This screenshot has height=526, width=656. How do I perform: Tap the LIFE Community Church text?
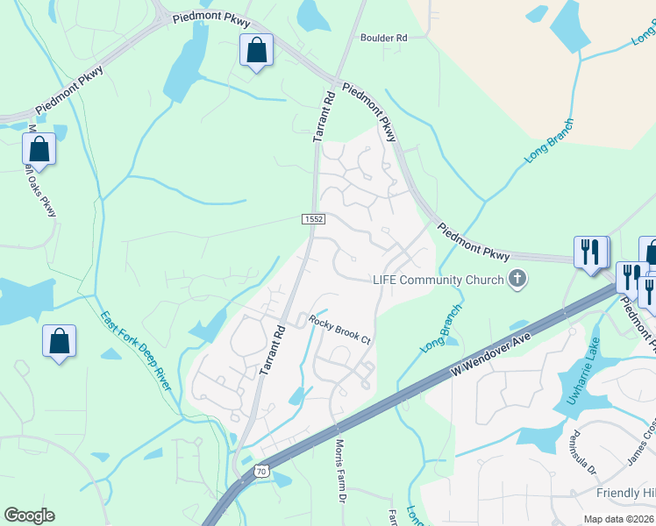(x=438, y=280)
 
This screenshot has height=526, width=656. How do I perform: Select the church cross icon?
(x=517, y=280)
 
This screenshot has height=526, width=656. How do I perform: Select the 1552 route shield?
(x=314, y=218)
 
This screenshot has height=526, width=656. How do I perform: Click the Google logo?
(x=29, y=515)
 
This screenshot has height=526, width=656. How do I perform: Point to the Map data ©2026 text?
(x=618, y=518)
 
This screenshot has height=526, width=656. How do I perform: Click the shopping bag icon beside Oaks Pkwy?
(x=39, y=149)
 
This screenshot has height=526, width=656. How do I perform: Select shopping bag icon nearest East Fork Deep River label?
(x=59, y=342)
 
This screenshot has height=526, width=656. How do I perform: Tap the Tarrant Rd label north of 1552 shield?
(x=324, y=116)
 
